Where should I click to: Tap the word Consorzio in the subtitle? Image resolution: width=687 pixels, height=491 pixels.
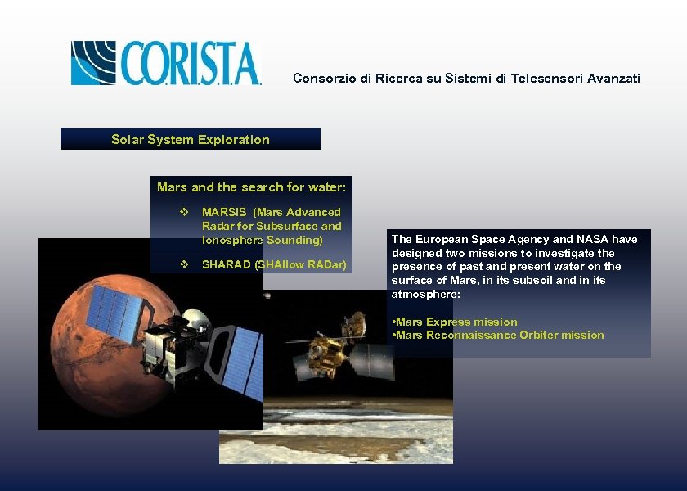click(x=321, y=79)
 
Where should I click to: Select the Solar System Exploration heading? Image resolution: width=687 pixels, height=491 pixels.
click(x=191, y=140)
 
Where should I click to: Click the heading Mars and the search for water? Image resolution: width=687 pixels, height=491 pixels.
click(x=251, y=187)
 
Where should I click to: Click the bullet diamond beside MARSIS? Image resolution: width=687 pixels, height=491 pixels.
click(x=184, y=212)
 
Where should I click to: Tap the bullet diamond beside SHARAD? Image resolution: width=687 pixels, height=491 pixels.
click(x=184, y=264)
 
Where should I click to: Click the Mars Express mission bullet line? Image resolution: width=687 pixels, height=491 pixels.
click(x=456, y=322)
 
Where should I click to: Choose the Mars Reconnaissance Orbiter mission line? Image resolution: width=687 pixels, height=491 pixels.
click(x=499, y=335)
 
